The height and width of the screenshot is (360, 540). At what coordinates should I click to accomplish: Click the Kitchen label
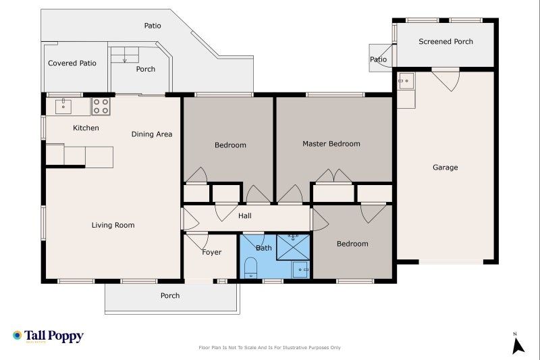pos(86,128)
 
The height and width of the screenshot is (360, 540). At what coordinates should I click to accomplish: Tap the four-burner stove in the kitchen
pos(101,106)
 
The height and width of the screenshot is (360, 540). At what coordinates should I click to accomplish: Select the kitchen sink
pos(63,107)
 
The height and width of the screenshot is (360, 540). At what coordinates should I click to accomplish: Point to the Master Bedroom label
pos(331,144)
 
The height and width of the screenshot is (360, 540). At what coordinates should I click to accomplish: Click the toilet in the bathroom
pos(250,267)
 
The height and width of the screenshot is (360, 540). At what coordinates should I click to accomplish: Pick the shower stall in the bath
pos(293,247)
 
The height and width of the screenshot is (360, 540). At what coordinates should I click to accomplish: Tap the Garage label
pos(446,168)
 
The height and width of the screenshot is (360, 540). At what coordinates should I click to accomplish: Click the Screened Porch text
pos(446,41)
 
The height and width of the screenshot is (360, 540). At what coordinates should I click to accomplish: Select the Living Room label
pos(113,226)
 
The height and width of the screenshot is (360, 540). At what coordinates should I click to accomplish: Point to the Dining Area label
pos(152,134)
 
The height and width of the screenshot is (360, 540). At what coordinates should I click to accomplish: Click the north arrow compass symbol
pos(517,344)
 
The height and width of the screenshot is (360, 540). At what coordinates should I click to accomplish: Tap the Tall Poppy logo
pos(48,336)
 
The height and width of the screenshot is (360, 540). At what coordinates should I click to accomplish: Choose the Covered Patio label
pos(72,63)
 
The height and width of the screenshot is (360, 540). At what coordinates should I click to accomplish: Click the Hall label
pos(245,216)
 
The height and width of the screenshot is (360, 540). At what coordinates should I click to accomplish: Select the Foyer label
pos(211,252)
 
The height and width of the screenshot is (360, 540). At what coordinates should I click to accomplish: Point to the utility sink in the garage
pos(406,80)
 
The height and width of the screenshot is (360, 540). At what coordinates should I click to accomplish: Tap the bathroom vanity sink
pos(300,269)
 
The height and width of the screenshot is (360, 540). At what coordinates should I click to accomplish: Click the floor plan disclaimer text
pos(269,348)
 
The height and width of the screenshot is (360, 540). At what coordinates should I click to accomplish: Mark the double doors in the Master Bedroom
pos(333,176)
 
